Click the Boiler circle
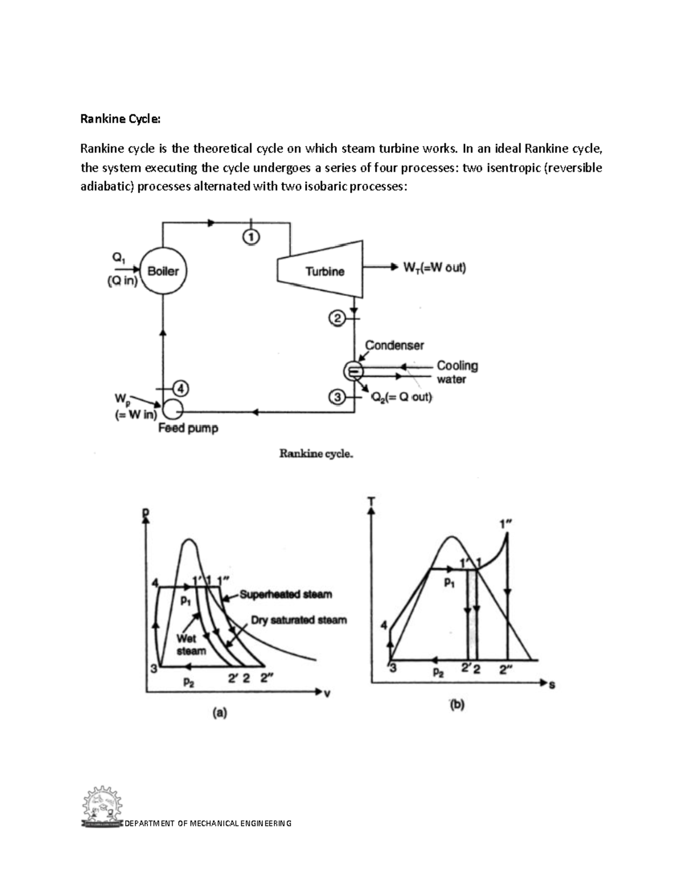pos(163,271)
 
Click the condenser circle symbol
pos(353,371)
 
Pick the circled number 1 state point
pos(251,236)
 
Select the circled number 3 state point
pos(338,397)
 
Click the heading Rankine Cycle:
pos(121,119)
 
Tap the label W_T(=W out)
pos(434,268)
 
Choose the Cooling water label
pos(456,372)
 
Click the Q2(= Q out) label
pos(402,397)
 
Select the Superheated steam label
pos(286,594)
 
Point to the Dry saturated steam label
pos(299,620)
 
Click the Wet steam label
pos(190,644)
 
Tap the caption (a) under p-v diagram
pos(219,712)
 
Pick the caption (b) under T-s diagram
pos(457,705)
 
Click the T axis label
pos(372,501)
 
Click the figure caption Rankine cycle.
pos(316,454)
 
